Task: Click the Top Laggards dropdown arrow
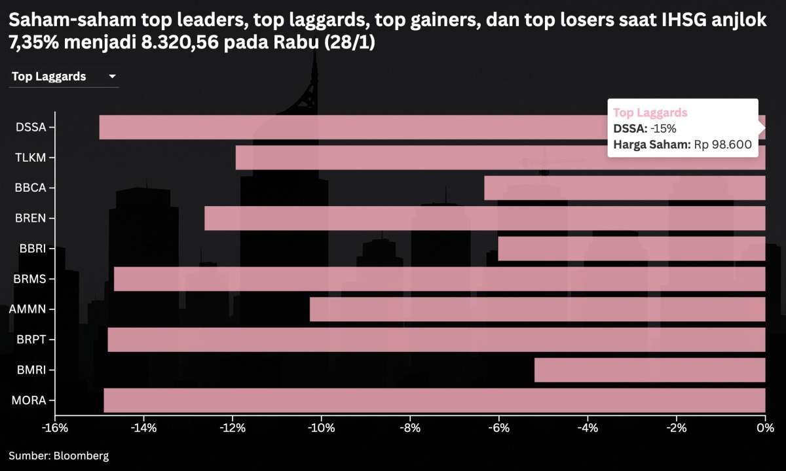(112, 77)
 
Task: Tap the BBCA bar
(624, 188)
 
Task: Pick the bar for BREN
(485, 218)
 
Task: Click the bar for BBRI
(631, 249)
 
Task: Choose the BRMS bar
(440, 279)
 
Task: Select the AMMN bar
(537, 309)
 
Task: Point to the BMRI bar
(650, 370)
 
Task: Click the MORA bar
(434, 400)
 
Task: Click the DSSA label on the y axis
(31, 127)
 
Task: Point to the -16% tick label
(55, 428)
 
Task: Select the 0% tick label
(764, 428)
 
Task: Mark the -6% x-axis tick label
(498, 428)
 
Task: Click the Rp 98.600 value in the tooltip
(722, 145)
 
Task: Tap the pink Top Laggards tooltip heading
(650, 113)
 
